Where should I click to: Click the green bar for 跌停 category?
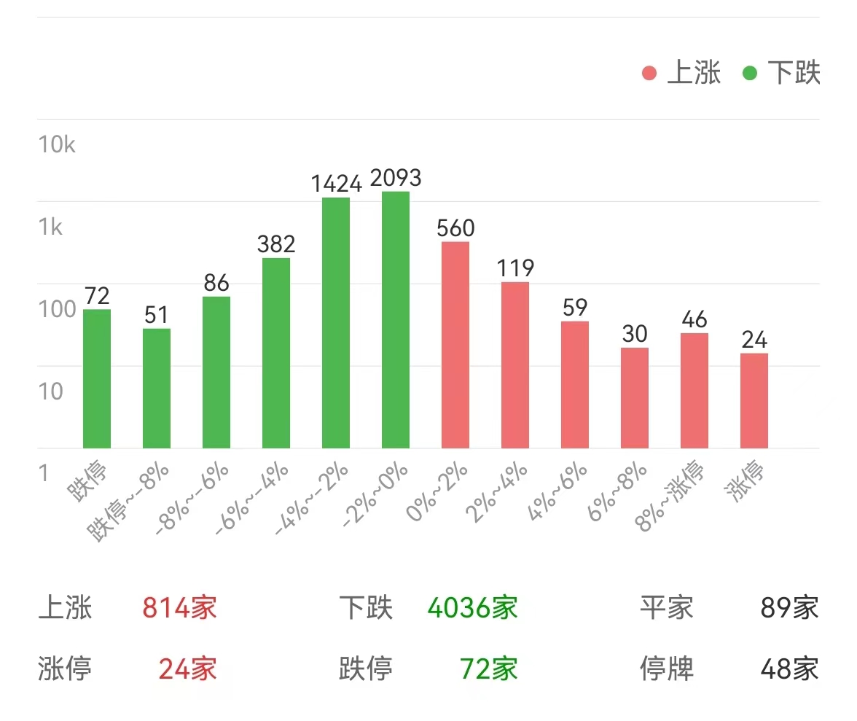pos(97,378)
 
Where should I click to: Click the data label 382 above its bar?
pos(276,244)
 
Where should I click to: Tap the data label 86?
pos(216,283)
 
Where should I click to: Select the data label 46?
pos(694,319)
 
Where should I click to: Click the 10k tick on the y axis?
pos(57,144)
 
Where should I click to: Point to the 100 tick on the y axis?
pos(57,309)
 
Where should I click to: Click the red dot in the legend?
pos(649,74)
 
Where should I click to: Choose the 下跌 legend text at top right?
pos(794,74)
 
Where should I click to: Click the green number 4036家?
pos(472,607)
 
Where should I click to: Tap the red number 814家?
pos(179,607)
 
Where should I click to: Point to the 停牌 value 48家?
pos(789,668)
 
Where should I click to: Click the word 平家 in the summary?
pos(667,607)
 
